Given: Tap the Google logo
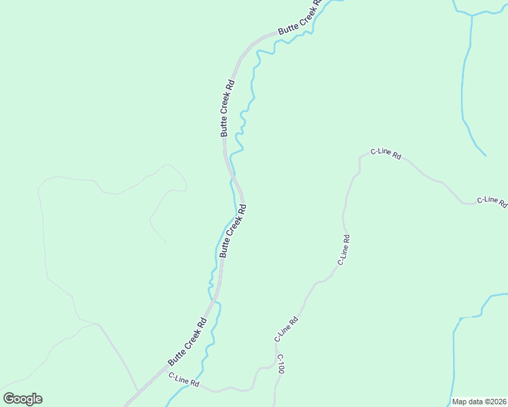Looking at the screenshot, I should (x=22, y=399).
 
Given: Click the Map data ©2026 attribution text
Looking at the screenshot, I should (x=479, y=402).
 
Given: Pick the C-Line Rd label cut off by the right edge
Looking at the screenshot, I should (x=492, y=201).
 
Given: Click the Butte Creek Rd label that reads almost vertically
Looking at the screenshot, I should (x=228, y=109).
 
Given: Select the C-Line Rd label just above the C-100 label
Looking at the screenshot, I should (x=286, y=330).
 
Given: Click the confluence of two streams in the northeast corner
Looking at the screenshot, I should (x=471, y=15).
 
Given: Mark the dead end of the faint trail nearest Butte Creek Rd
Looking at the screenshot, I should (x=166, y=244).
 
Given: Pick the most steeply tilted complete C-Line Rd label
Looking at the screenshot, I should (x=344, y=249).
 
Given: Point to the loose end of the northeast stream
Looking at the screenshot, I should (x=486, y=155).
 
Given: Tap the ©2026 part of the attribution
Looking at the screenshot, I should (x=494, y=402).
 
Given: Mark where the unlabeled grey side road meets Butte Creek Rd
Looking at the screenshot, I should (x=137, y=391).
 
